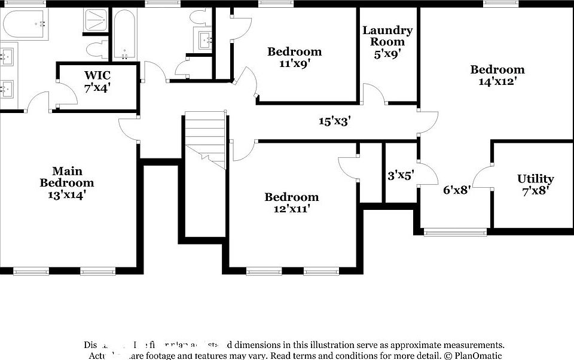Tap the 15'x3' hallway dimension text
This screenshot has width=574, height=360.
pyautogui.click(x=334, y=121)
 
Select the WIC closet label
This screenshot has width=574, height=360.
pyautogui.click(x=97, y=81)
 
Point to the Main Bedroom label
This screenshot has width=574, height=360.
pyautogui.click(x=66, y=182)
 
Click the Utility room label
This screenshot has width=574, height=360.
pyautogui.click(x=535, y=184)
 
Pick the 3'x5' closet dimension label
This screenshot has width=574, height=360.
pyautogui.click(x=401, y=175)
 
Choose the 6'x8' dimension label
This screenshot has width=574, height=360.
pyautogui.click(x=457, y=190)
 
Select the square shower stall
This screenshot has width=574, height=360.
pyautogui.click(x=95, y=22)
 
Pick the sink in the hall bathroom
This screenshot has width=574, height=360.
pyautogui.click(x=205, y=41)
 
